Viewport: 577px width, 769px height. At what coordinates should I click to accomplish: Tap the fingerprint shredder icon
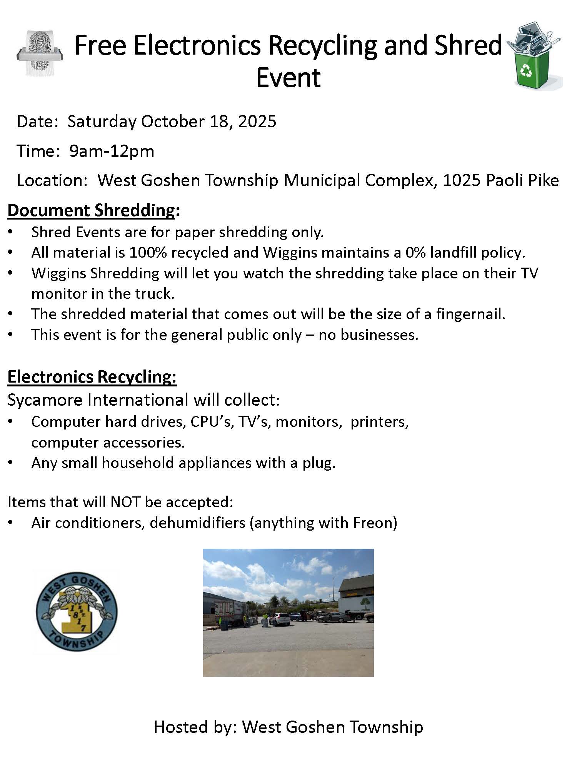39,53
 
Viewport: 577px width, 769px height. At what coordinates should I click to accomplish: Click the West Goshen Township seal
77,611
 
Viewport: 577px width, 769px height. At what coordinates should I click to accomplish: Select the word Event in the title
288,78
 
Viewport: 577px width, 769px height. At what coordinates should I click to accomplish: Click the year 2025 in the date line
257,122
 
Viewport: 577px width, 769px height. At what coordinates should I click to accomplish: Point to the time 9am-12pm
112,151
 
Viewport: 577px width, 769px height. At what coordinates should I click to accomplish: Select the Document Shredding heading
91,210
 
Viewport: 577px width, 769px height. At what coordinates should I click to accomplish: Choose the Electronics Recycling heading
92,376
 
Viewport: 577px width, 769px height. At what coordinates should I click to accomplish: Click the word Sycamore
45,400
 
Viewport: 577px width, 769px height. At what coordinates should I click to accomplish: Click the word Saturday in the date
102,122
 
